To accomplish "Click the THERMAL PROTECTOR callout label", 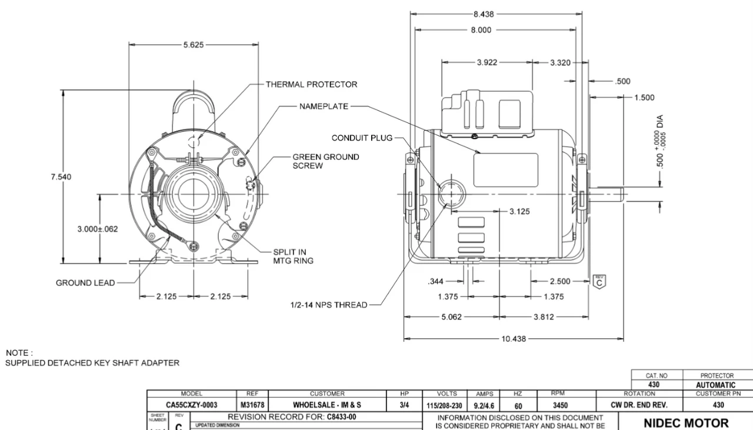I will click(311, 84).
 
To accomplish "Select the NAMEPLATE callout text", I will click(324, 106).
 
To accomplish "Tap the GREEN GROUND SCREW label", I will click(325, 162).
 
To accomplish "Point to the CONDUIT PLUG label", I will click(361, 138).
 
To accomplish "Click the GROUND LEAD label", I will click(85, 283).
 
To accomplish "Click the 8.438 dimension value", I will click(484, 15).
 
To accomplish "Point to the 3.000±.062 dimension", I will click(97, 229).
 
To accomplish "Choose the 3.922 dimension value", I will click(487, 63).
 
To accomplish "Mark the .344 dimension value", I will click(436, 282).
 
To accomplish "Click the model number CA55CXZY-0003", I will click(191, 405).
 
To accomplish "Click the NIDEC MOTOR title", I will click(685, 422).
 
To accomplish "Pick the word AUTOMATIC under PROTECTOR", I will click(716, 385).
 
